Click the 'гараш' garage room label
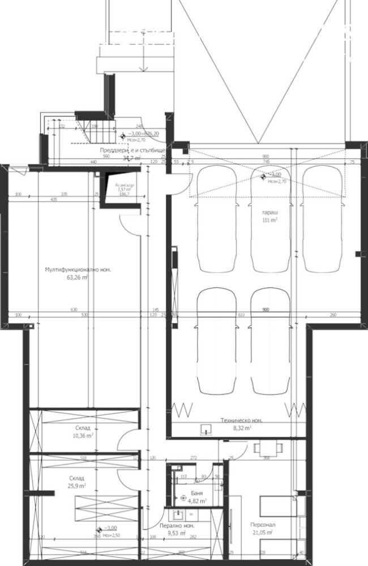(x=269, y=213)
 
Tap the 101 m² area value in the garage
(x=269, y=221)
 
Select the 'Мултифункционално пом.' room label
(x=78, y=271)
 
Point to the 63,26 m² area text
(x=77, y=278)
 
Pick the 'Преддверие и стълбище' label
(x=132, y=151)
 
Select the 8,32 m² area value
(x=241, y=429)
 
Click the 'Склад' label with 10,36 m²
(x=82, y=428)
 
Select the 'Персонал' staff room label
(x=263, y=525)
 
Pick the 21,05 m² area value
(x=263, y=533)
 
